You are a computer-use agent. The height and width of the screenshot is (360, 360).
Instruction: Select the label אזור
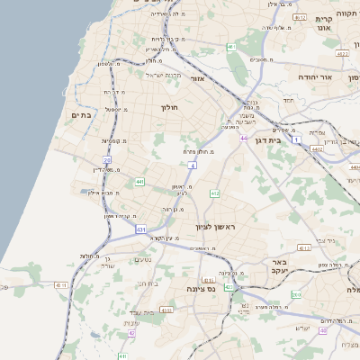[199, 79]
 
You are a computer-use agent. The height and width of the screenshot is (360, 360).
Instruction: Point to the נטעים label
[142, 261]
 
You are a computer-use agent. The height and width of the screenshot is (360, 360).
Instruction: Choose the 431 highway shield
[141, 229]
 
